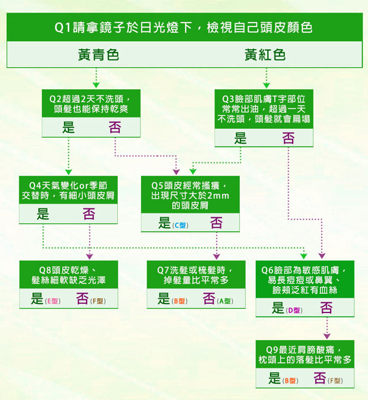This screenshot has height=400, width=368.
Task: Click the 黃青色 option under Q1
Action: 99,55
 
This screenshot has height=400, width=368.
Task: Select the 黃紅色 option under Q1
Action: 265,55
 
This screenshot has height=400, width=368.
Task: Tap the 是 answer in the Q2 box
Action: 69,127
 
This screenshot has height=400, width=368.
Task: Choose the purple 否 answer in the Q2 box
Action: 115,127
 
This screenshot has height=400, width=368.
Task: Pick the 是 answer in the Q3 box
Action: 241,138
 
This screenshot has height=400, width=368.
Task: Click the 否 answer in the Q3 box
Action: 288,138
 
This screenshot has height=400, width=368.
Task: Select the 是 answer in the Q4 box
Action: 42,214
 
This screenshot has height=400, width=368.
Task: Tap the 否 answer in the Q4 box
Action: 89,214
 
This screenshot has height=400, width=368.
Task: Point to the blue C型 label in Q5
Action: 180,225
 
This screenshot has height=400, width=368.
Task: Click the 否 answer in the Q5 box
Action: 216,223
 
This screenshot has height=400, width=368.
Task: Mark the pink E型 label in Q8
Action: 53,301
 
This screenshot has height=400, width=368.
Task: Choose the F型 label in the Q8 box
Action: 98,301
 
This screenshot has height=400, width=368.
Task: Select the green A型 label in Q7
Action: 225,301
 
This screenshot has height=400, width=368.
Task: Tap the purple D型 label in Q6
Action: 294,310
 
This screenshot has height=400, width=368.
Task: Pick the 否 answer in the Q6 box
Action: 326,308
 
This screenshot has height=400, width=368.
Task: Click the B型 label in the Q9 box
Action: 290,381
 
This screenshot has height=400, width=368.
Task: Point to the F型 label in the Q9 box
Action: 335,381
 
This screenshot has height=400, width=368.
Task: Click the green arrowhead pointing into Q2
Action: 96,85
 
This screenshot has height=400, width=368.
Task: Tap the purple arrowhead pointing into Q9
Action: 327,336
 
